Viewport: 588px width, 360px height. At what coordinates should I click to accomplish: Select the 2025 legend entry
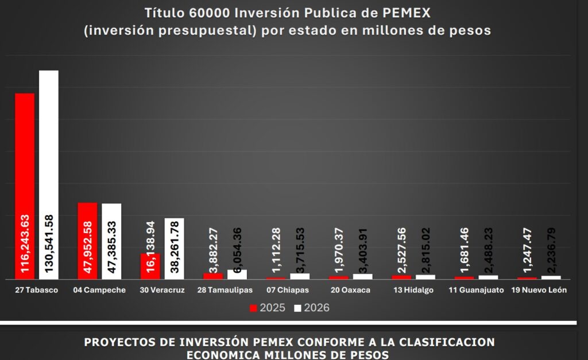point(268,308)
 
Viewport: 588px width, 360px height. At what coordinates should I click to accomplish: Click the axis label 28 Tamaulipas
point(225,290)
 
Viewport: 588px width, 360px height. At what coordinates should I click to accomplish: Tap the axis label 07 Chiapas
point(288,290)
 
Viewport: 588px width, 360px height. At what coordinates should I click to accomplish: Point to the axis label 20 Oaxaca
point(350,290)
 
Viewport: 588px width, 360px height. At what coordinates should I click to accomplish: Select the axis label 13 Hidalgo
point(413,290)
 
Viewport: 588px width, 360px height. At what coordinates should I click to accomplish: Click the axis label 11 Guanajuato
point(475,290)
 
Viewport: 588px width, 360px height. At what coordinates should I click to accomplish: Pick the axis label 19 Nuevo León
point(539,290)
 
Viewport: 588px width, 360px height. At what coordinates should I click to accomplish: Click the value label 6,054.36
point(237,248)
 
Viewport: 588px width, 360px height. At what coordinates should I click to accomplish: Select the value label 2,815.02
point(425,251)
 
